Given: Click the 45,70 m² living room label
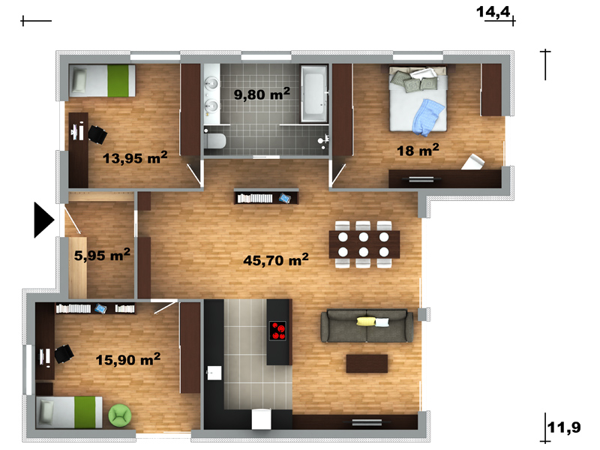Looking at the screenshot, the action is (276, 259).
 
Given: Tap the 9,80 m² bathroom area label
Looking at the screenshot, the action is (262, 93).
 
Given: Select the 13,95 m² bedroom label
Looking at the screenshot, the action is (135, 157).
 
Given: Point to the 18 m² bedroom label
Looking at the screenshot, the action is (418, 150).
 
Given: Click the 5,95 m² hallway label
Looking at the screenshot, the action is (102, 254).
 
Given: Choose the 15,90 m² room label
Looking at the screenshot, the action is (127, 359).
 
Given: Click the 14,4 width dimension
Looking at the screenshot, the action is (493, 12).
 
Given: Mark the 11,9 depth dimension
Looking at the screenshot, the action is (564, 427).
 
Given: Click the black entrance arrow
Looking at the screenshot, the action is (44, 220).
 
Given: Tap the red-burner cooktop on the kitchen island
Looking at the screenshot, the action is (277, 331).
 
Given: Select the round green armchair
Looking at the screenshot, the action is (120, 415).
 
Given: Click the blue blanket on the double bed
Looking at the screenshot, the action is (428, 118).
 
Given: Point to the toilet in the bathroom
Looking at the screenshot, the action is (214, 141).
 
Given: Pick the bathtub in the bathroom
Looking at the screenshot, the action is (314, 93).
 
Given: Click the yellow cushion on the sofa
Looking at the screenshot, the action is (366, 322).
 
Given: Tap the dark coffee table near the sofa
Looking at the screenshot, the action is (367, 364).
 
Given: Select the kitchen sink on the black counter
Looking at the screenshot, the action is (214, 373).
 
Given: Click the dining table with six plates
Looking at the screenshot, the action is (364, 244).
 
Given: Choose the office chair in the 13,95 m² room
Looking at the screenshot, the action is (97, 135).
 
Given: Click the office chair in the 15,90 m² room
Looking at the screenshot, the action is (64, 354).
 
